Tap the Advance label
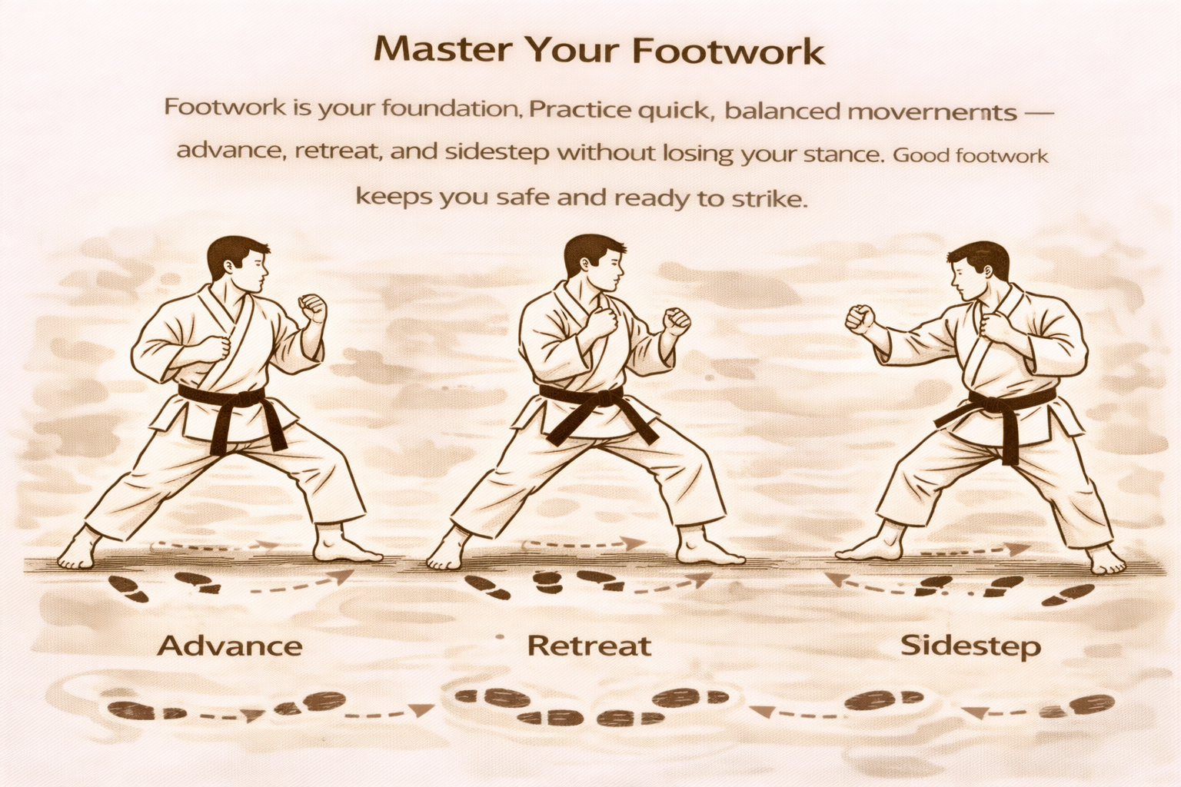[229, 646]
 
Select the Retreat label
[589, 646]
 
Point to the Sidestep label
[970, 646]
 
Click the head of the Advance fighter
[238, 265]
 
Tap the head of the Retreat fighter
[594, 264]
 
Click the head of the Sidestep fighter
[976, 271]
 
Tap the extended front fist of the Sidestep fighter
[860, 318]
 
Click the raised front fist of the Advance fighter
[313, 308]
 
